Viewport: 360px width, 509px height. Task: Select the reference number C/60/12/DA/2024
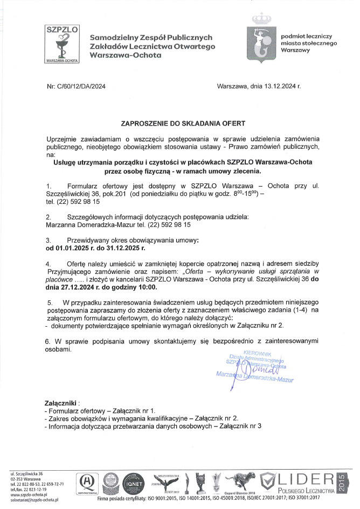[x=84, y=86]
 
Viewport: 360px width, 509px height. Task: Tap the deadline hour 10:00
[x=137, y=289]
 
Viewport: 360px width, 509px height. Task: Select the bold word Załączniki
[x=61, y=403]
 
